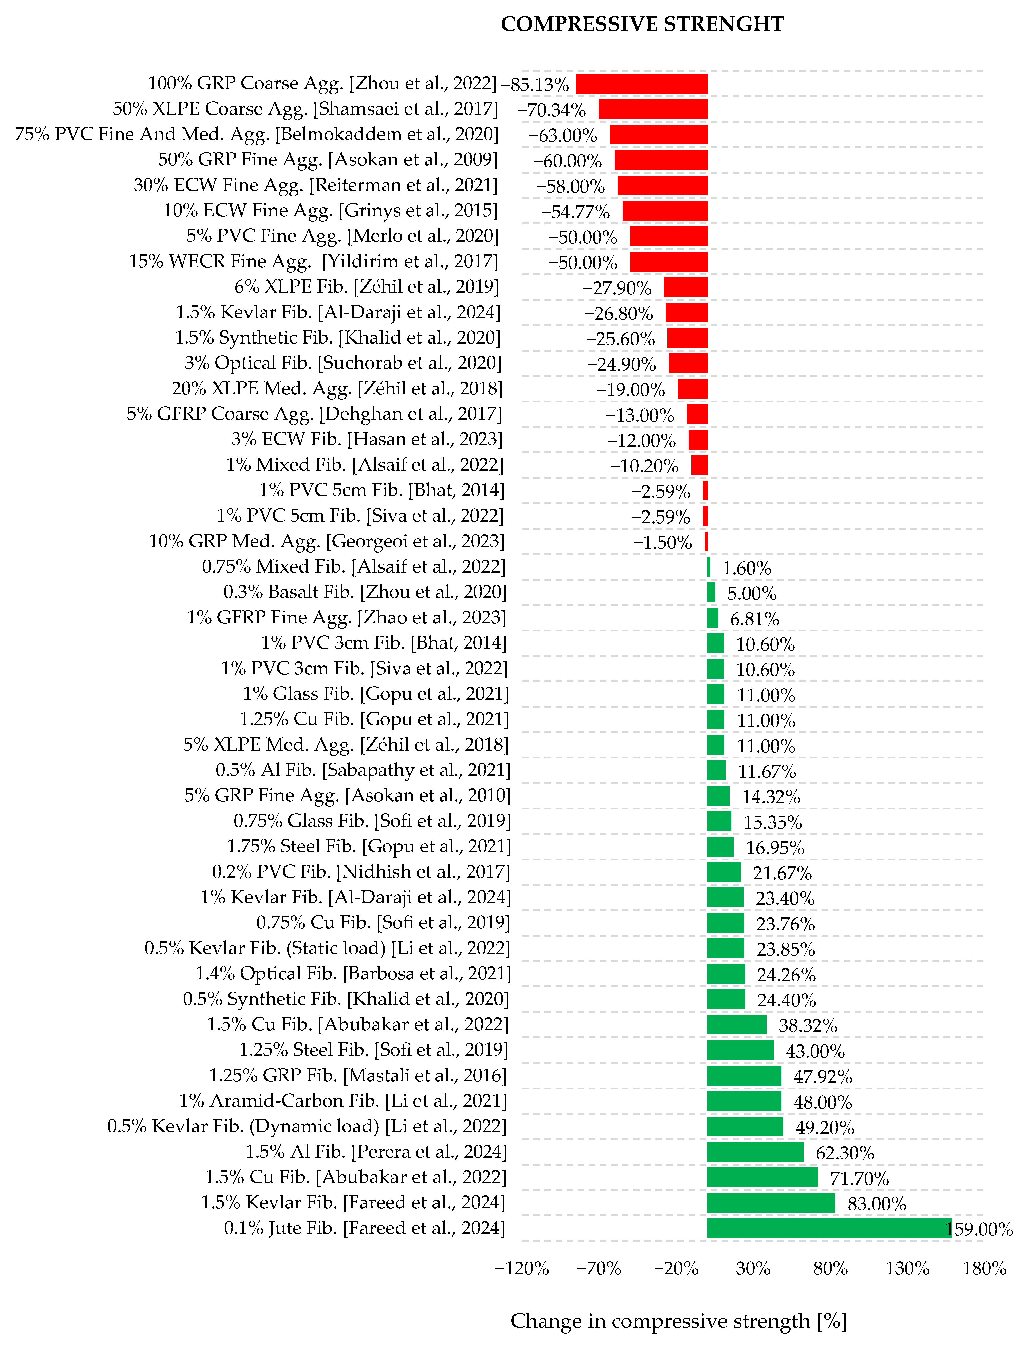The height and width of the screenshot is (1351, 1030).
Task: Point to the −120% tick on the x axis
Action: coord(522,1268)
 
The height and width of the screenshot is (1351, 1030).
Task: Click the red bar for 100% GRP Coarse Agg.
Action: coord(641,84)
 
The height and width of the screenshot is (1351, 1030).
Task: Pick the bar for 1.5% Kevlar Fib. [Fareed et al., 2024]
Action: coord(771,1203)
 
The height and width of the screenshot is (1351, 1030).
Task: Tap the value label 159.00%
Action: coord(979,1229)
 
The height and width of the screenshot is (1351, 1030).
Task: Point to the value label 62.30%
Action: coord(845,1153)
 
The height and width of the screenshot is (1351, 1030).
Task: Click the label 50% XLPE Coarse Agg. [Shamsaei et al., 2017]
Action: coord(305,109)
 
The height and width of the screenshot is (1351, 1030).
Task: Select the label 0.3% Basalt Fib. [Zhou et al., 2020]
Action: coord(365,592)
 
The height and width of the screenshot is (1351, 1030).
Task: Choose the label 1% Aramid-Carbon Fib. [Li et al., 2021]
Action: coord(343,1101)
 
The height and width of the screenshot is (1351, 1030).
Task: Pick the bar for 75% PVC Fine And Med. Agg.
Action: coord(658,135)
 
